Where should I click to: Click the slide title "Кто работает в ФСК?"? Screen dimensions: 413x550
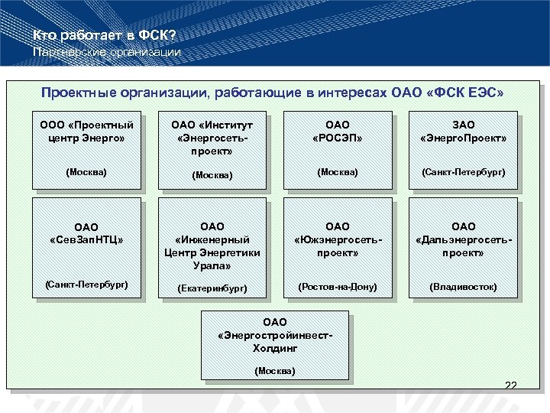[x=105, y=35]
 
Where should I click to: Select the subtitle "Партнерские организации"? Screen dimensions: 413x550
[x=107, y=52]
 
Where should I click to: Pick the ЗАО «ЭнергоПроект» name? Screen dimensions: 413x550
[x=463, y=132]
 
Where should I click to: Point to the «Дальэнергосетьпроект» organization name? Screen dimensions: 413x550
[x=463, y=239]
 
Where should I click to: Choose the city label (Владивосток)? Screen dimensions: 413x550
[x=463, y=287]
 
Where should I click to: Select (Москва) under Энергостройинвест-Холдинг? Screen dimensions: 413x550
[x=274, y=371]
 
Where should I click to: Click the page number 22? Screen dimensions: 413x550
[x=510, y=385]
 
